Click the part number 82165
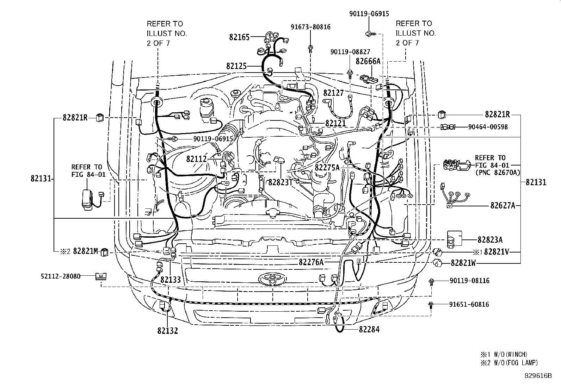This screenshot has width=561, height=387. coord(239,37)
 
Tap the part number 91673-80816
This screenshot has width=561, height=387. coord(310,27)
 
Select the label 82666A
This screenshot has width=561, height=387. coord(368,61)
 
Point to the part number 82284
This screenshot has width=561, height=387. coord(369,330)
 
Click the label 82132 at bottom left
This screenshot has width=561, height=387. coord(168,331)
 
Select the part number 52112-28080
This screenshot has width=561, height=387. coord(60,276)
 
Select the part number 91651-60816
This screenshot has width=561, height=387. coord(469,304)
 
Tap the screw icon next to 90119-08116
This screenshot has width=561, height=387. coord(431,281)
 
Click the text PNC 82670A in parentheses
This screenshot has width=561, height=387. coord(498,172)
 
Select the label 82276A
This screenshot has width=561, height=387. coord(311,262)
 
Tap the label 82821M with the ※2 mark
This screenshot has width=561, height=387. coord(85,251)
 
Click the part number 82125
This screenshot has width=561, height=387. coord(236,66)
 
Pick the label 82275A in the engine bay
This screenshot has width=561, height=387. coord(327,168)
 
